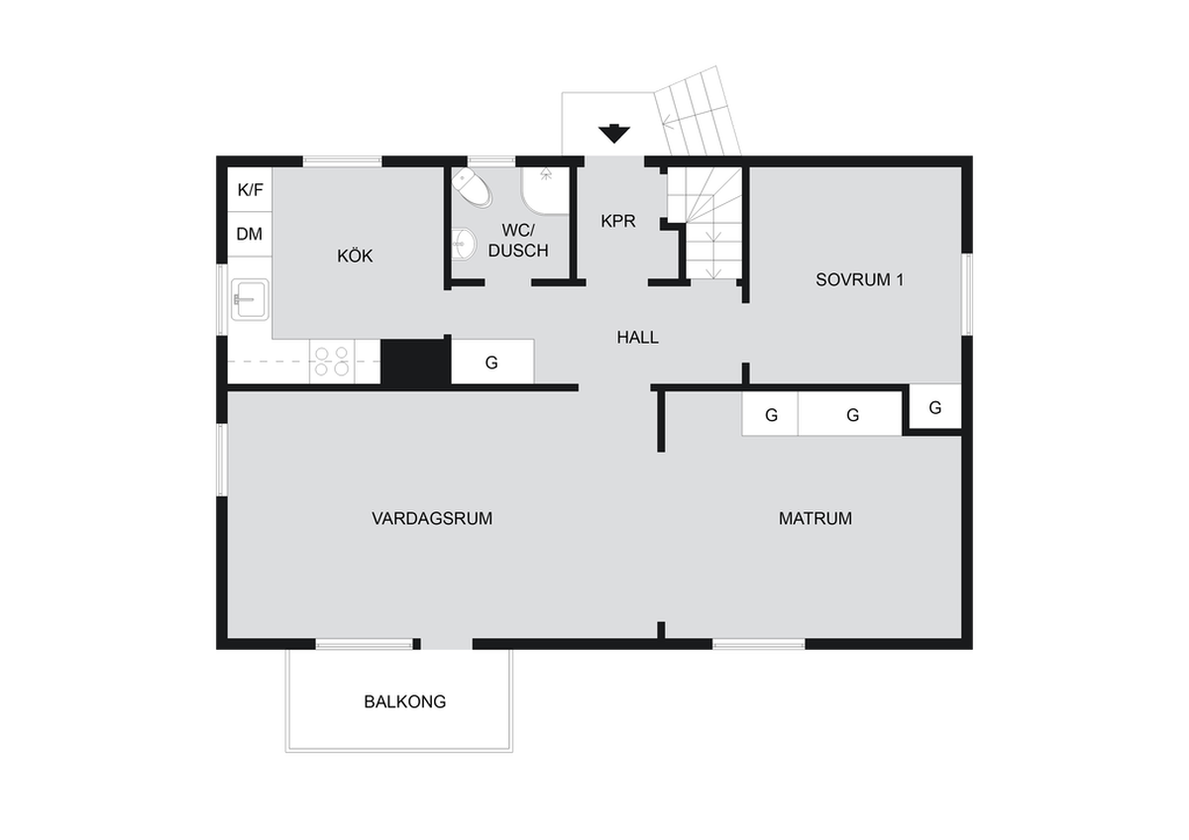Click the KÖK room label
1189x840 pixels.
(355, 256)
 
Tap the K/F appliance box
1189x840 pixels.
(250, 189)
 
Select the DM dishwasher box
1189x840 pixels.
(250, 234)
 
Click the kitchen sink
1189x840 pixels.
(250, 299)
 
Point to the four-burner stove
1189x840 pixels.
(332, 361)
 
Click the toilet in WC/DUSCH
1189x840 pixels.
(471, 187)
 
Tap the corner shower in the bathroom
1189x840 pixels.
(545, 191)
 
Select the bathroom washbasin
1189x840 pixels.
(464, 244)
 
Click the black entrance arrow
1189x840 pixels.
(614, 133)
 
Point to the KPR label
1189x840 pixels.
(618, 221)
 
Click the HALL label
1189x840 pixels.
(637, 337)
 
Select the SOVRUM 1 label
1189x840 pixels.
(859, 279)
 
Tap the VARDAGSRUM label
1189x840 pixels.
(432, 518)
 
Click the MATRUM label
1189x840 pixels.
(815, 518)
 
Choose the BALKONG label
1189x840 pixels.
(405, 702)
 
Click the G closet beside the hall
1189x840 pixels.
(492, 362)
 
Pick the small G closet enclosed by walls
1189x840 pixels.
(935, 406)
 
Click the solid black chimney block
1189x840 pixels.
(415, 363)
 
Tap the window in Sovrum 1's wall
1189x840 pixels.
(968, 294)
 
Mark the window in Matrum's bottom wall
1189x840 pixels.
(759, 644)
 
